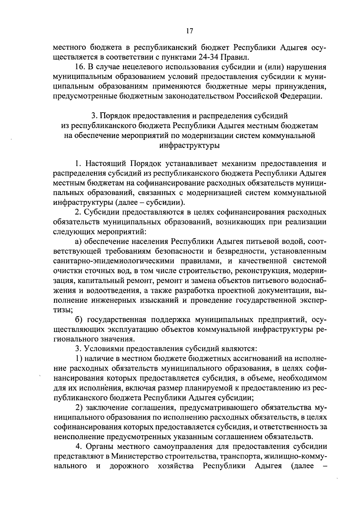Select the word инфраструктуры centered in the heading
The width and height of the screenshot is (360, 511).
(190, 146)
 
